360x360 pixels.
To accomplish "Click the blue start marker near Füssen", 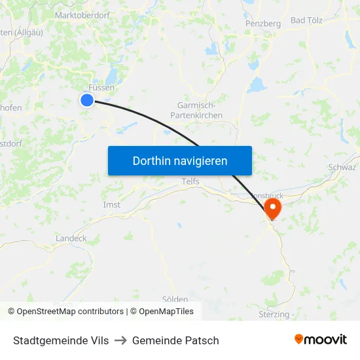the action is point(87,99).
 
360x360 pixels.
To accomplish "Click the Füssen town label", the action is point(101,87).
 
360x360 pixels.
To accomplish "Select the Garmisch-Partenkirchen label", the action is point(200,110).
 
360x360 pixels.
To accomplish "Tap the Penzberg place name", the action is point(262,24).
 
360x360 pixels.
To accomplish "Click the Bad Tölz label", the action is point(307,20).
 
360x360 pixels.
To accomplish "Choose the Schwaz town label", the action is point(342,168).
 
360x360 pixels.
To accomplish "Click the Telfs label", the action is point(190,181).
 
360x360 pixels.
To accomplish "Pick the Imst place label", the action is point(112,205).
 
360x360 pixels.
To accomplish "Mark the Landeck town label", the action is point(71,238).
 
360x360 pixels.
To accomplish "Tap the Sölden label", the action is point(175,299).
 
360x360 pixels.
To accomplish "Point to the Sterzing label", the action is point(274,314).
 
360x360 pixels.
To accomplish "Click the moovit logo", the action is point(320,339).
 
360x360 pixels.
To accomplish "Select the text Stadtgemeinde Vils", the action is point(61,340).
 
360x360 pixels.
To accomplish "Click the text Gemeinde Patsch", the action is point(175,340).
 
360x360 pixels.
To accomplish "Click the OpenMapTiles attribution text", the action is point(166,312).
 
